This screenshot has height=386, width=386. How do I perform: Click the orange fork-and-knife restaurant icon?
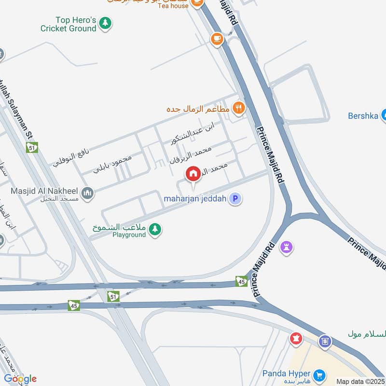[238, 108]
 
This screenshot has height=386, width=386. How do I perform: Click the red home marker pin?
[193, 174]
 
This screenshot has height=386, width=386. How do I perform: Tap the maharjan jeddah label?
[195, 198]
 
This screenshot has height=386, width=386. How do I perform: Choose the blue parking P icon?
[235, 198]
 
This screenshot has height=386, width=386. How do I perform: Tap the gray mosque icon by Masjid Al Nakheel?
[87, 194]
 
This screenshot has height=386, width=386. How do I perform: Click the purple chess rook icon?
[287, 248]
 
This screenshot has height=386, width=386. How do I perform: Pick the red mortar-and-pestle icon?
[295, 339]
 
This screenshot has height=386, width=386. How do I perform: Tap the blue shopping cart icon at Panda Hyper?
[319, 375]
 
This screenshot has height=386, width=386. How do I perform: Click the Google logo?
[20, 378]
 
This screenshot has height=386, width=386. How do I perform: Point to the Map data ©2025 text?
[360, 382]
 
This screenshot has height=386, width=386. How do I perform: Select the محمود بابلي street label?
[112, 164]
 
